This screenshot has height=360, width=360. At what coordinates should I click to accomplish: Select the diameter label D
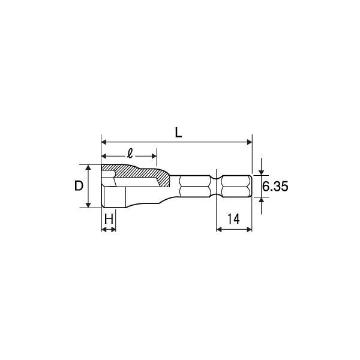(x=78, y=186)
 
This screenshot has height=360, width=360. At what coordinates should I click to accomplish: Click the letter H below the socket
(x=108, y=219)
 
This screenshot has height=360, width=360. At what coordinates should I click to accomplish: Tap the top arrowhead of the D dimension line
(x=89, y=167)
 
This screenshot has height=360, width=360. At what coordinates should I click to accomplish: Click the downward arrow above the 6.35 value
(x=262, y=172)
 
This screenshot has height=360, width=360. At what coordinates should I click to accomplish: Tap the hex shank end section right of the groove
(x=236, y=186)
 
